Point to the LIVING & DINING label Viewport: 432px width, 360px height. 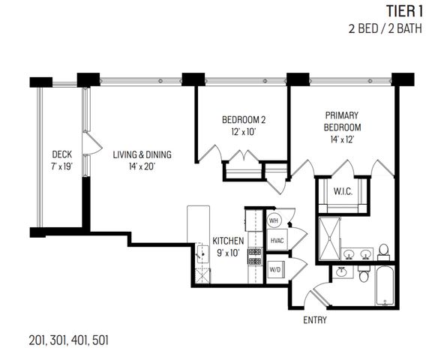142,154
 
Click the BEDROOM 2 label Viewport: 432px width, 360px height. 244,119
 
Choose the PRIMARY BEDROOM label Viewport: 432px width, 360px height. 343,121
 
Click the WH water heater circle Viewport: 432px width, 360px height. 274,220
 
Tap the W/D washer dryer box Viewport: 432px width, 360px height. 274,268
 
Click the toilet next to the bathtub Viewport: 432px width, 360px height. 364,276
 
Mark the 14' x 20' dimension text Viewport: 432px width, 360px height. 142,166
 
